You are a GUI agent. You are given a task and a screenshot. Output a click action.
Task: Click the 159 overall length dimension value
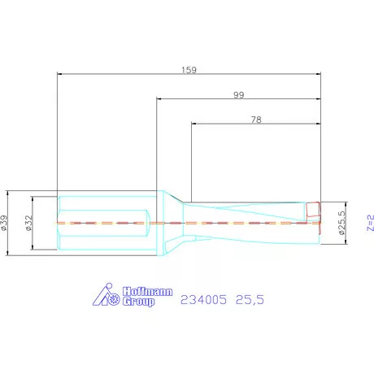[189, 70]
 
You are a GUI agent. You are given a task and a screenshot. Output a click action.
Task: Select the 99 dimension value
[239, 95]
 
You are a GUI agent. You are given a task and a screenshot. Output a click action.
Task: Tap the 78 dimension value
[256, 120]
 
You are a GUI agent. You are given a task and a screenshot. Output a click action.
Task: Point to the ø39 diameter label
[4, 223]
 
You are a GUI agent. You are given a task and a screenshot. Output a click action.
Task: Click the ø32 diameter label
[29, 223]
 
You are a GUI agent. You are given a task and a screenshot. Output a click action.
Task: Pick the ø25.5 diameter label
[341, 223]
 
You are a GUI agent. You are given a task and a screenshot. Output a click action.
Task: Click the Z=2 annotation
[371, 223]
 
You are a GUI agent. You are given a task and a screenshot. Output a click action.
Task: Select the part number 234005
[203, 300]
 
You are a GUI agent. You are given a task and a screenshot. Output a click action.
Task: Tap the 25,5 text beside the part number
[250, 300]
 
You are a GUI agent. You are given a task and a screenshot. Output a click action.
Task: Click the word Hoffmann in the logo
[148, 292]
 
